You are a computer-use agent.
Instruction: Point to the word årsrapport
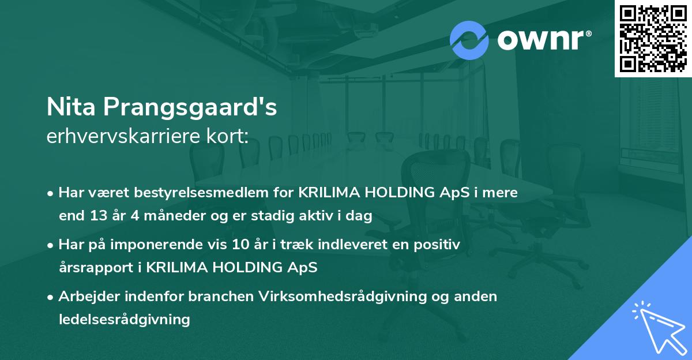[95, 268]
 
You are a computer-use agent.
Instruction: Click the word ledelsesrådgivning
[124, 319]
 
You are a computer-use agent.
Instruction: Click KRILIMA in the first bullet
[331, 193]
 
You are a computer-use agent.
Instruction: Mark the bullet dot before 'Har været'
[51, 193]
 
